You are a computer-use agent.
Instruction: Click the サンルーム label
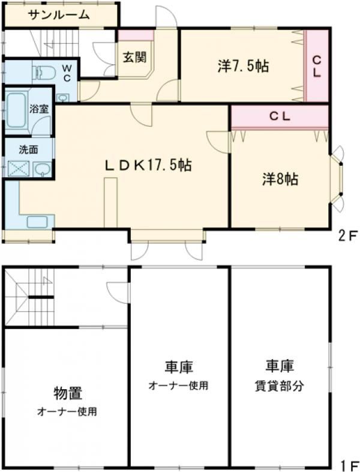click(x=59, y=15)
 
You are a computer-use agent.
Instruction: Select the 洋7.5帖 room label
click(x=242, y=67)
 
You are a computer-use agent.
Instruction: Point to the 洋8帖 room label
click(x=280, y=178)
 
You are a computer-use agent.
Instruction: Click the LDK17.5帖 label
click(x=148, y=166)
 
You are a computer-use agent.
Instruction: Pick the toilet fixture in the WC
click(x=45, y=73)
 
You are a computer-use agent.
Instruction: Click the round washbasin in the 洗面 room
click(x=41, y=169)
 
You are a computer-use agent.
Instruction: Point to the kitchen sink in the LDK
click(x=38, y=222)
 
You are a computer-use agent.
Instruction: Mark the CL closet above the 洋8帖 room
click(x=280, y=117)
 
